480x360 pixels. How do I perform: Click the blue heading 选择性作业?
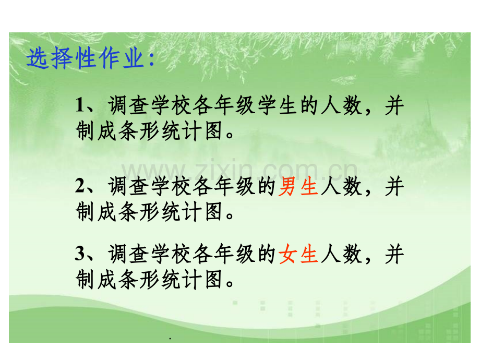pos(83,58)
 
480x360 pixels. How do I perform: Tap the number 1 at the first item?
pos(80,107)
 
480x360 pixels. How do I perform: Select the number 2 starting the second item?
pos(80,186)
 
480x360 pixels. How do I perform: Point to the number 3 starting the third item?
pos(80,255)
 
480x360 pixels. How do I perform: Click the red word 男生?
pos(298,186)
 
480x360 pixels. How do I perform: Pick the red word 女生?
pos(298,255)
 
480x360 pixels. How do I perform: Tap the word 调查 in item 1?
pos(129,107)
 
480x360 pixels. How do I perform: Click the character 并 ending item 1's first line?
pos(394,107)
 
